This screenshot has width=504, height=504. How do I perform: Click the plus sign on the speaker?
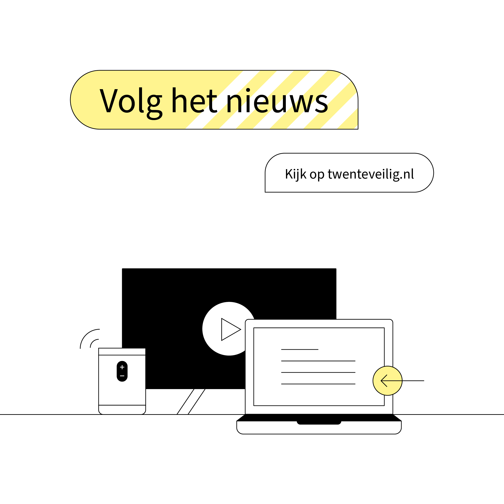(x=122, y=367)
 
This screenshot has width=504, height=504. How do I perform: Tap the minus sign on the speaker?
(x=122, y=376)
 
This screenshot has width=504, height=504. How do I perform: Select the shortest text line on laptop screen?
(x=300, y=349)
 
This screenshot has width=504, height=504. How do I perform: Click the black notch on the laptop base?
(x=319, y=423)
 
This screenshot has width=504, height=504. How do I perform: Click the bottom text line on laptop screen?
(x=318, y=384)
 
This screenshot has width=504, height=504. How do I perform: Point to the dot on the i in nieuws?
(x=248, y=90)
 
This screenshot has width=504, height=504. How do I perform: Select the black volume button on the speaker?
(x=122, y=371)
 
